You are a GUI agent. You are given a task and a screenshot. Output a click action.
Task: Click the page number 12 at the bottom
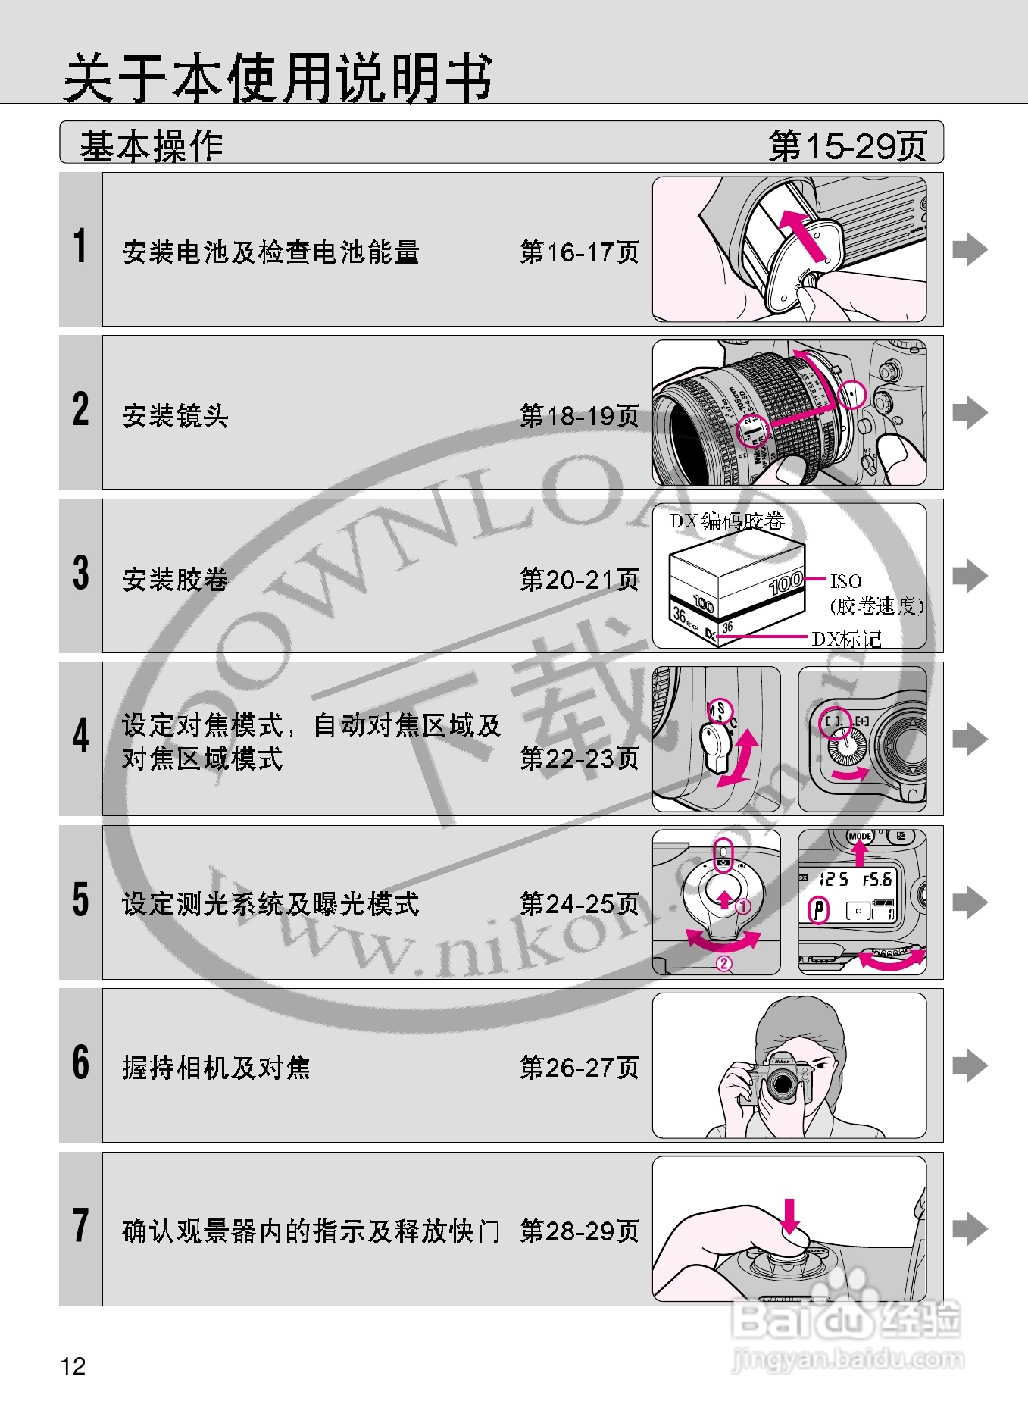click(73, 1366)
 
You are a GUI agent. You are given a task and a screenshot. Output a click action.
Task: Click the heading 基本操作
click(152, 145)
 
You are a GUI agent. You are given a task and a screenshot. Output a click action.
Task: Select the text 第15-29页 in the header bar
click(848, 145)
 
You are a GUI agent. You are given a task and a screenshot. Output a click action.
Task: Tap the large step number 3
click(81, 574)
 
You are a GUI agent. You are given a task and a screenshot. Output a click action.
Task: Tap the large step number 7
click(81, 1226)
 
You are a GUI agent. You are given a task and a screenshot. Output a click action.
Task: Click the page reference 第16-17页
click(580, 252)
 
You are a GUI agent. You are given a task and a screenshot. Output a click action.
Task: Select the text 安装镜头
click(176, 416)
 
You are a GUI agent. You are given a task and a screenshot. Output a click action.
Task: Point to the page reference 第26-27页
click(580, 1068)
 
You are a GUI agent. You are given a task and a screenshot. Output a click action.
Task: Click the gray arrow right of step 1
click(970, 249)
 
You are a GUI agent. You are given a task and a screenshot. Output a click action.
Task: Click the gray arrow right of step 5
click(970, 902)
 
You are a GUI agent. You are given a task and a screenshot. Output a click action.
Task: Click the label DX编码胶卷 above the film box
click(726, 521)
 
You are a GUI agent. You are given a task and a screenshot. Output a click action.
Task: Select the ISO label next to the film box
click(846, 581)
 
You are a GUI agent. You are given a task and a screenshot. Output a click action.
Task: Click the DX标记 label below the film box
click(847, 639)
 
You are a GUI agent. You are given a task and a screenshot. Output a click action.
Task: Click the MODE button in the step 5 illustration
click(860, 837)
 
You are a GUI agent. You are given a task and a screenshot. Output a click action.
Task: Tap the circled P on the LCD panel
click(818, 909)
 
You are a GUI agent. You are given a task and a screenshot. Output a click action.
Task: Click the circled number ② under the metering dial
click(724, 964)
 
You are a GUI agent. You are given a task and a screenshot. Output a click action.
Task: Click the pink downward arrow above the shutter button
click(790, 1216)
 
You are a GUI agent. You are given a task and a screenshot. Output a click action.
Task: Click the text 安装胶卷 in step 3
click(176, 580)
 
